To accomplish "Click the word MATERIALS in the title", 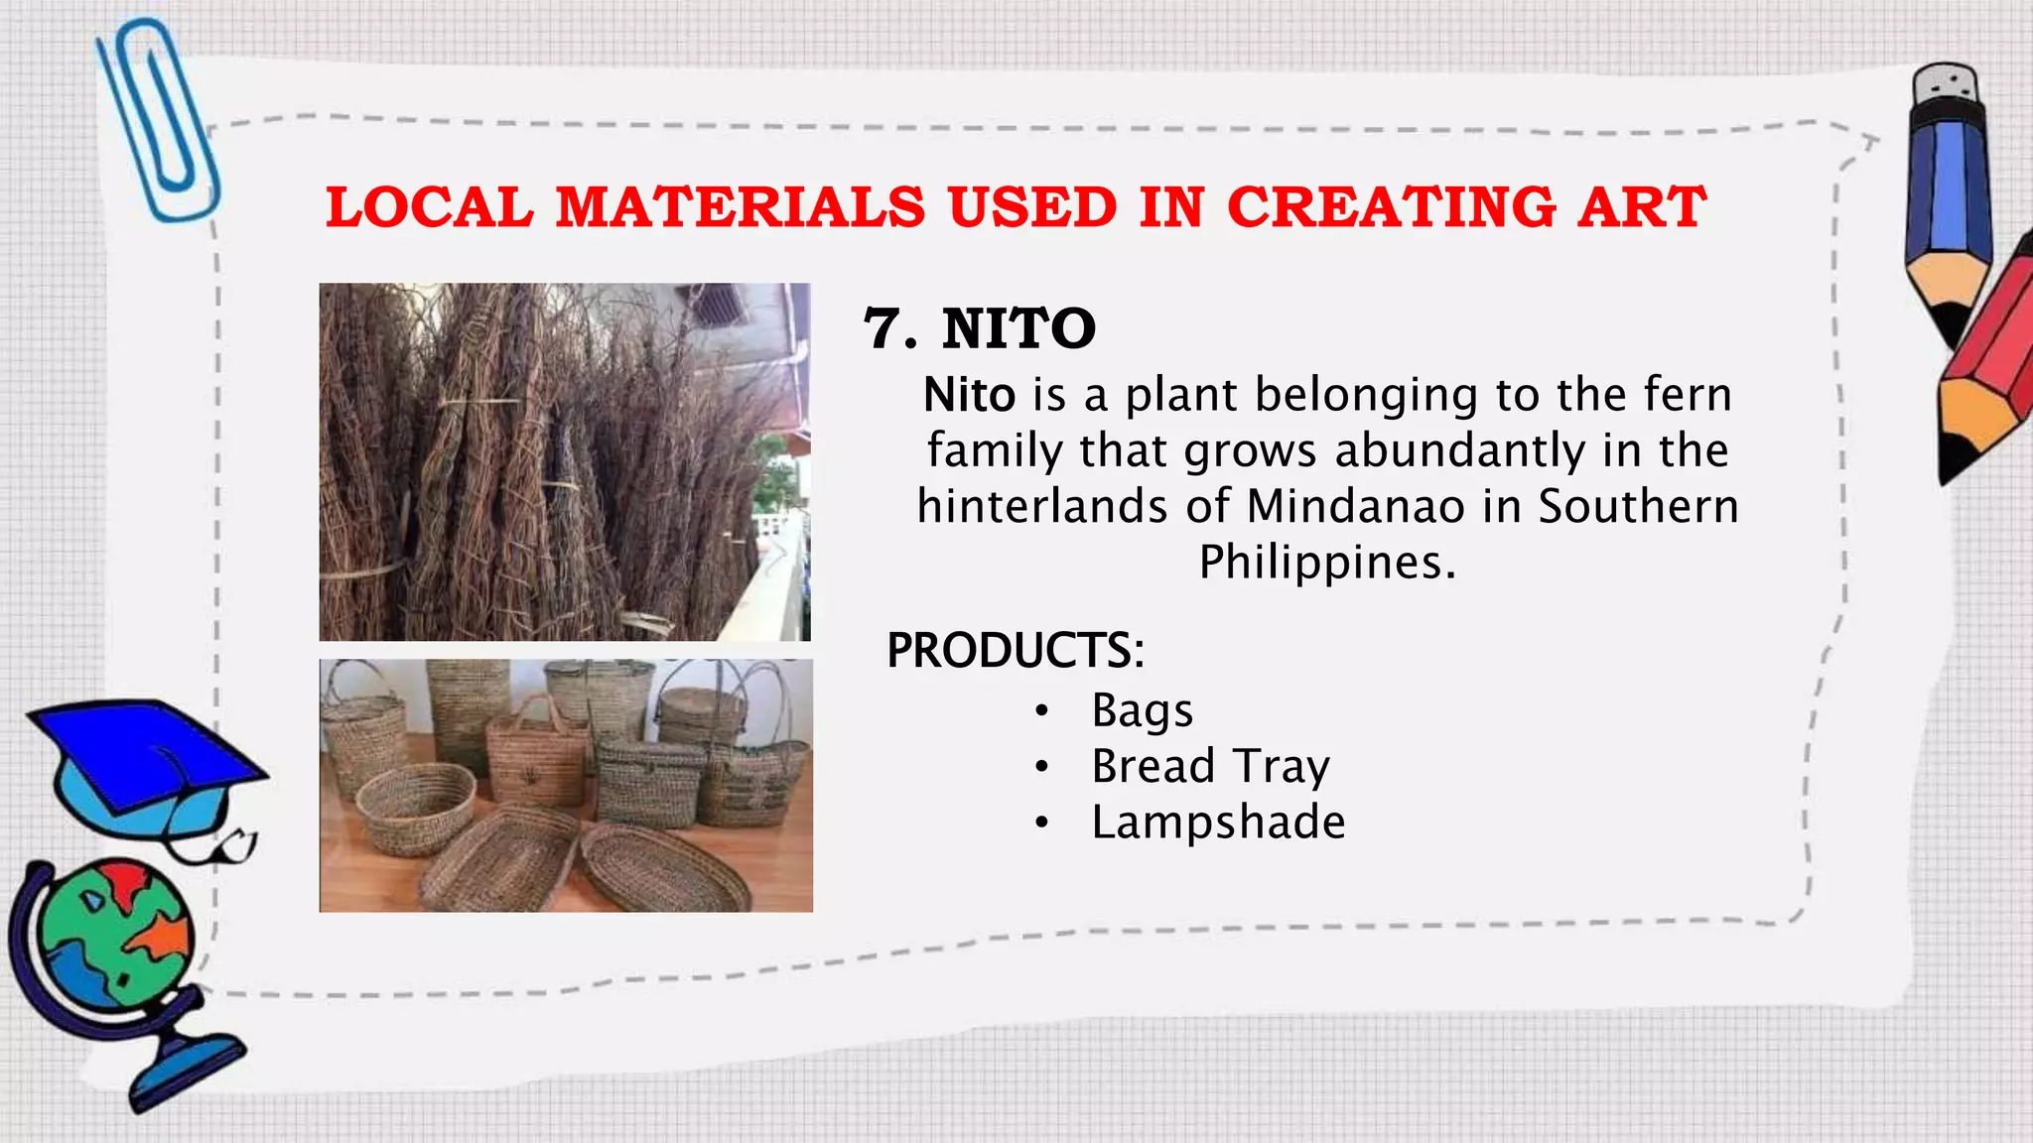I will pos(740,208).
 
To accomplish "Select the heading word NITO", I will pos(1018,329).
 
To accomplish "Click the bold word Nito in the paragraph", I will pos(969,396).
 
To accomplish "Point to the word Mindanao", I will pos(1355,507).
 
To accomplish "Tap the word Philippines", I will pos(1326,563).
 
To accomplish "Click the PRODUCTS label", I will pos(1015,651).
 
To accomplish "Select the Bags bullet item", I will pos(1142,711).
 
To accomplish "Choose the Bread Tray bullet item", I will pos(1210,767).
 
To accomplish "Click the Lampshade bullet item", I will pos(1218,823).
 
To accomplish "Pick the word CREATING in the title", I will pos(1391,208).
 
